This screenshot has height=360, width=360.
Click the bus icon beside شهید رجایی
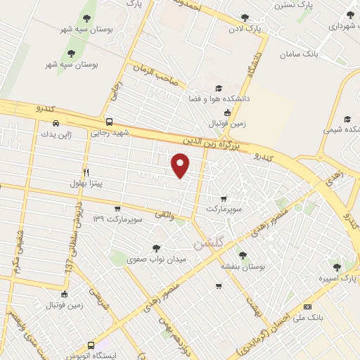pos(109,120)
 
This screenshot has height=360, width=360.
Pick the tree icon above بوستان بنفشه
pos(243,256)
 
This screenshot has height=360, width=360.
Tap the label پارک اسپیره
pos(333,278)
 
